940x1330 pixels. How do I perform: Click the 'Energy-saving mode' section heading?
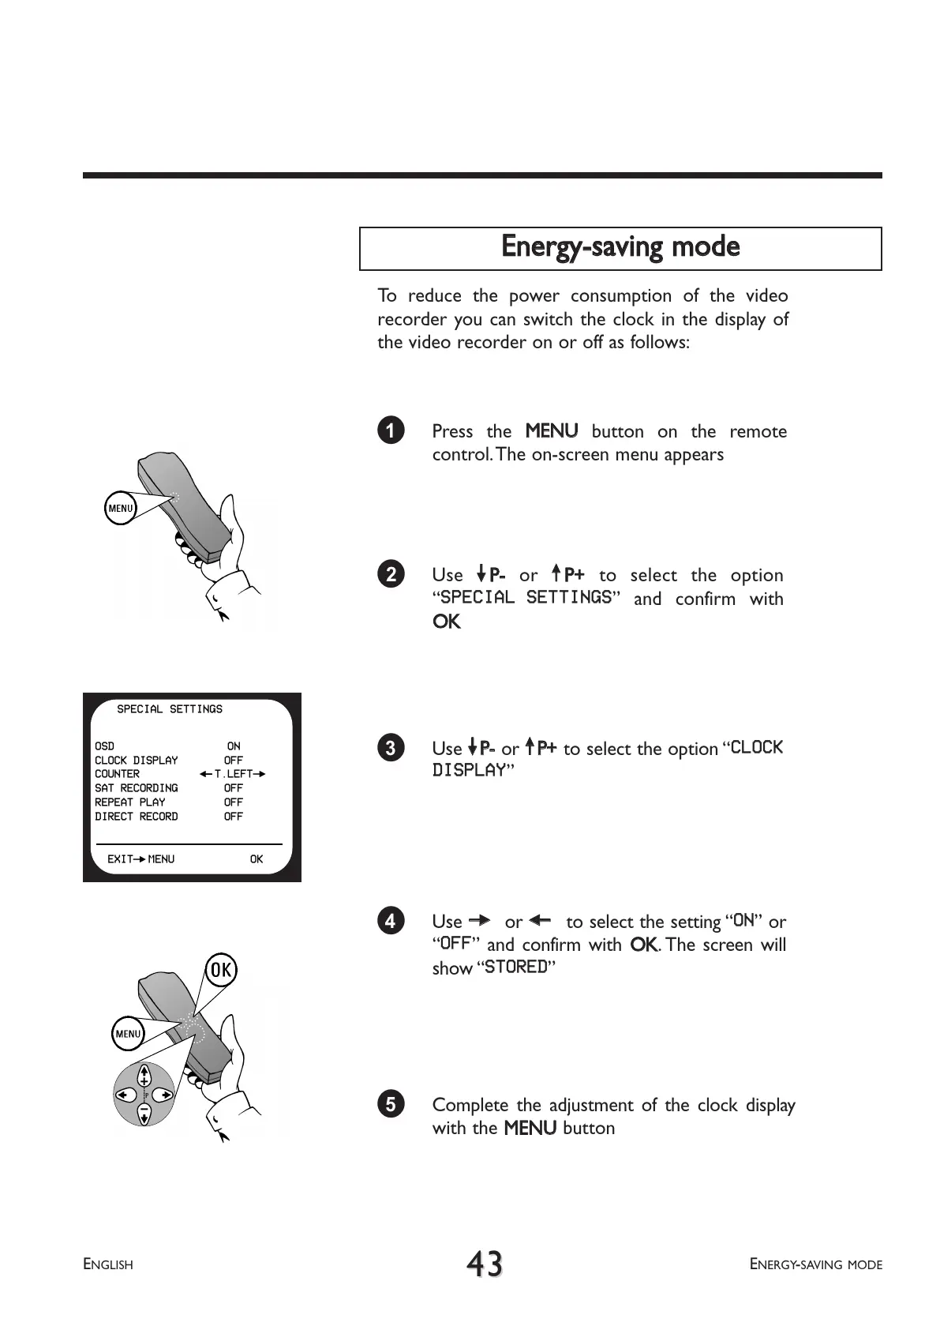point(620,247)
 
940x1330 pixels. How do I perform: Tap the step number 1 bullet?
point(391,430)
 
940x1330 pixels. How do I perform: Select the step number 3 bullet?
point(391,747)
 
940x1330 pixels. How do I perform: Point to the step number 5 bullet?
point(391,1103)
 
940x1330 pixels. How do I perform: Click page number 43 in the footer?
point(484,1264)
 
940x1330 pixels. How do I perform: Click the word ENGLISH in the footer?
point(108,1264)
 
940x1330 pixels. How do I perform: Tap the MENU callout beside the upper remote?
point(121,508)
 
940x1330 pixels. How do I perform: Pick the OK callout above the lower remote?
point(221,969)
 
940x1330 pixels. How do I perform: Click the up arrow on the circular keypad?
point(144,1076)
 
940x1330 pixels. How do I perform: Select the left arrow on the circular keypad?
point(125,1095)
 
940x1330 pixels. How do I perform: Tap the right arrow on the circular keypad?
point(163,1095)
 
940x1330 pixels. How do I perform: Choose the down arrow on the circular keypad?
point(144,1114)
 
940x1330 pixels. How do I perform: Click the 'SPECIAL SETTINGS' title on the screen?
point(170,709)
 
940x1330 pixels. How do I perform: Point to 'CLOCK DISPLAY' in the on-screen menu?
point(136,760)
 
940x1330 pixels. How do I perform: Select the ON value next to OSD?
point(234,746)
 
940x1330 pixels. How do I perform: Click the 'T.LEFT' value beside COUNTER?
point(233,774)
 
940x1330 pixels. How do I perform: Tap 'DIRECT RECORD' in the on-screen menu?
point(136,816)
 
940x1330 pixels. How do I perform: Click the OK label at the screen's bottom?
point(257,858)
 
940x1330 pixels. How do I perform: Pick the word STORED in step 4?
point(516,967)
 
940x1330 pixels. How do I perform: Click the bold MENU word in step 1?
point(552,431)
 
